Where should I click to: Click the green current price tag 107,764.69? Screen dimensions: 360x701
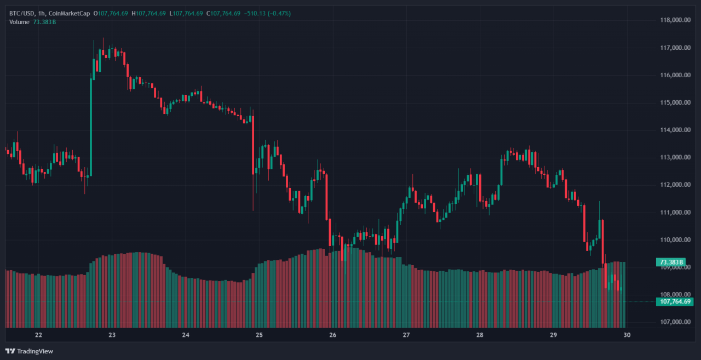tap(674, 301)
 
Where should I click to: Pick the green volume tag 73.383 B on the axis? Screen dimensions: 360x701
tap(671, 262)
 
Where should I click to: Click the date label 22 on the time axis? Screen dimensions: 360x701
tap(38, 335)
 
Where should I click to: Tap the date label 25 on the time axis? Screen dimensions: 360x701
tap(260, 335)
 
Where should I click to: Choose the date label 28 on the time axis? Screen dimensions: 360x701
tap(480, 335)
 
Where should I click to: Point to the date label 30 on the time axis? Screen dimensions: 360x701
tap(627, 335)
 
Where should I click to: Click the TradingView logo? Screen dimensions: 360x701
tap(30, 351)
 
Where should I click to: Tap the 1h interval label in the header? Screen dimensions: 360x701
tap(42, 13)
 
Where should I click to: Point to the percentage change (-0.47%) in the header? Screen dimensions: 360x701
tap(280, 13)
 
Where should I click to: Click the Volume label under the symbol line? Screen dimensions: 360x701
tap(20, 22)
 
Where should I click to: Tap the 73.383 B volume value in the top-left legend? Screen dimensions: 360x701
tap(44, 22)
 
